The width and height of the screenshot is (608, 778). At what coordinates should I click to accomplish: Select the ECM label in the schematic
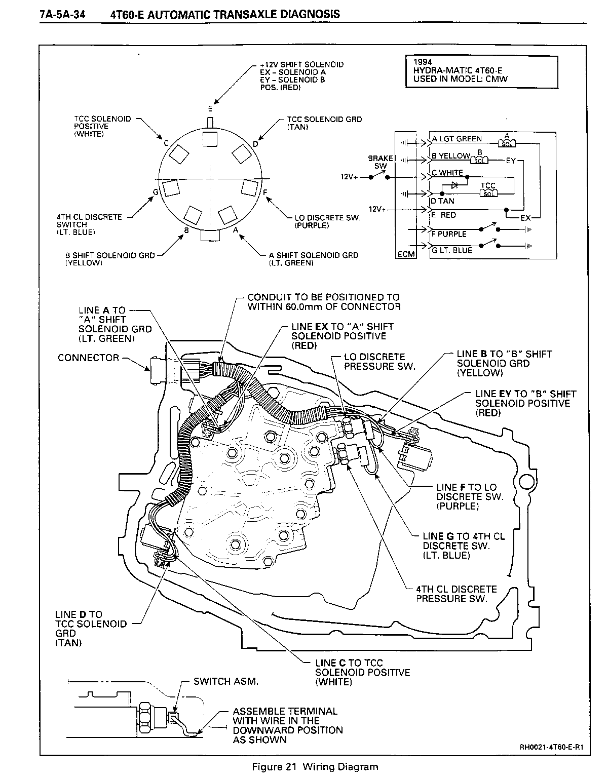(x=405, y=254)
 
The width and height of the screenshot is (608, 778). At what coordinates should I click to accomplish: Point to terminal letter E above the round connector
(x=210, y=108)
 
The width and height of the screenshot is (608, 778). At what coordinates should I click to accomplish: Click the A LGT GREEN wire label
(x=457, y=139)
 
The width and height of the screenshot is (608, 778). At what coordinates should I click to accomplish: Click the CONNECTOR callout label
(x=88, y=358)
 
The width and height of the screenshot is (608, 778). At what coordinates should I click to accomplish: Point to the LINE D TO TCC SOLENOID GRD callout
(x=90, y=628)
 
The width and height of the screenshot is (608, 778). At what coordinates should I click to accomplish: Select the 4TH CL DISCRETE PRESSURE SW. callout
(x=456, y=594)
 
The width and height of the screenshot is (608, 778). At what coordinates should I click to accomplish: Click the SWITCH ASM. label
(x=226, y=681)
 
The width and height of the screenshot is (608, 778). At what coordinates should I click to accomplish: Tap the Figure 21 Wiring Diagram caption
(x=315, y=766)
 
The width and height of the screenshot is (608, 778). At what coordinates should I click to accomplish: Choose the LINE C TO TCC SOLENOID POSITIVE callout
(x=362, y=672)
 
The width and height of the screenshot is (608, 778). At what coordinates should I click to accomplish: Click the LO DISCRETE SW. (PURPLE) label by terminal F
(x=327, y=221)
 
